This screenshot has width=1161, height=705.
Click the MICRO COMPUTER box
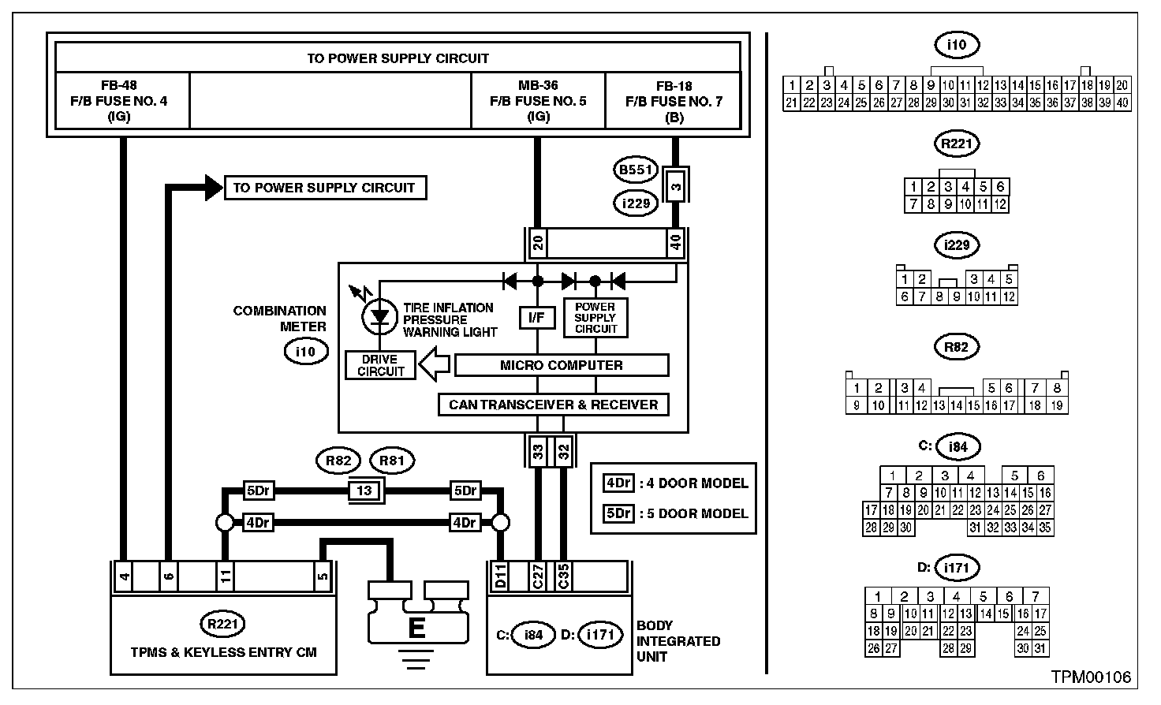tap(562, 365)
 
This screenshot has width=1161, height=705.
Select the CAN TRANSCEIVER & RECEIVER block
tap(553, 405)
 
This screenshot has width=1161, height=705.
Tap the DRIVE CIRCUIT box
tap(380, 365)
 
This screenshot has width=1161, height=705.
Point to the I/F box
tap(537, 318)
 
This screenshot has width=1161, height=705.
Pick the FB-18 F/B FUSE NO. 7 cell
tap(674, 101)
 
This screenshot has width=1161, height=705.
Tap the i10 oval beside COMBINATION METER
tap(305, 352)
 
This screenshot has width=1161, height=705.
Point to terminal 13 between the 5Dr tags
tap(364, 491)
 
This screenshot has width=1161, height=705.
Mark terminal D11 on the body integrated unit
tap(500, 576)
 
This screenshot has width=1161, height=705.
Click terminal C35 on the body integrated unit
tap(563, 576)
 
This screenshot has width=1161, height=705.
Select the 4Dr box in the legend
tap(618, 483)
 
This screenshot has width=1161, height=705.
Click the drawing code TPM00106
tap(1091, 677)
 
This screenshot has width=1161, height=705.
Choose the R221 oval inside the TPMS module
tap(223, 625)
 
